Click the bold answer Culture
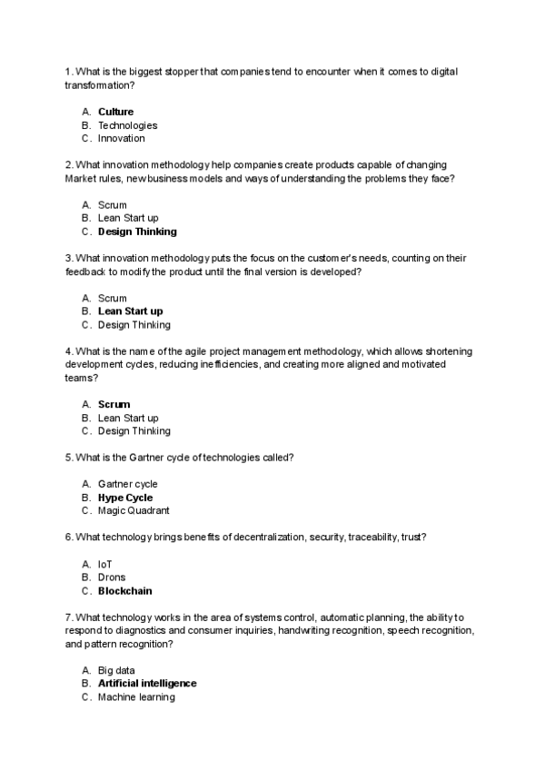tap(115, 112)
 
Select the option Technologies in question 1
tap(127, 125)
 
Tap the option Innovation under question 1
tap(121, 139)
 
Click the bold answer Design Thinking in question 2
tap(137, 232)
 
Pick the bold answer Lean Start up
tap(130, 311)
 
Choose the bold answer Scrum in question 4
tap(114, 404)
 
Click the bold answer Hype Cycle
tap(125, 498)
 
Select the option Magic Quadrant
tap(134, 511)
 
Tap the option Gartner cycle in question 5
tap(127, 484)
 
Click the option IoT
tap(105, 564)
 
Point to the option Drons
tap(112, 577)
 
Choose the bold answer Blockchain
tap(124, 591)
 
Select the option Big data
tap(117, 670)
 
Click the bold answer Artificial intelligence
tap(147, 684)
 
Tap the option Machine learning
tap(136, 697)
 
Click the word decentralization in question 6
tap(263, 538)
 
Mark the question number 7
tap(68, 617)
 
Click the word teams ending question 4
tap(79, 378)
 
